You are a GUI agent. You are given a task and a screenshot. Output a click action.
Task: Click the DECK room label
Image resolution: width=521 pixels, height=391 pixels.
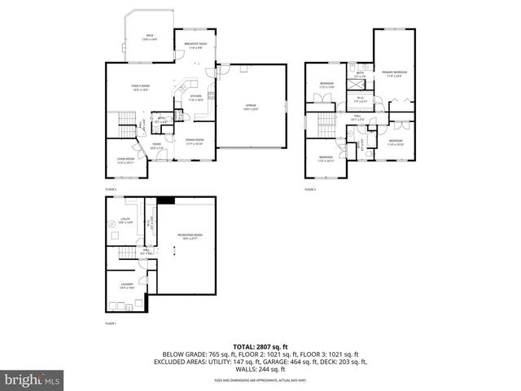[x=150, y=37]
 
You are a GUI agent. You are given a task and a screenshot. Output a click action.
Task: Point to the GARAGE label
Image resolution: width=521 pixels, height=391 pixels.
[x=252, y=107]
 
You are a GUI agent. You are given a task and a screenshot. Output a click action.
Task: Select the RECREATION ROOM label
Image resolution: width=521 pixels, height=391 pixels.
[x=190, y=238]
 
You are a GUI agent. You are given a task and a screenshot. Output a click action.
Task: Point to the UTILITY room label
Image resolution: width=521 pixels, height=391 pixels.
[x=125, y=221]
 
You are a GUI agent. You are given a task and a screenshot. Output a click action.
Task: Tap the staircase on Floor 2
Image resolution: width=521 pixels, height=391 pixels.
[x=125, y=127]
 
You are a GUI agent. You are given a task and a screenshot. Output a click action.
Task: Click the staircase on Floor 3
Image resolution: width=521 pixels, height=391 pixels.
[x=326, y=125]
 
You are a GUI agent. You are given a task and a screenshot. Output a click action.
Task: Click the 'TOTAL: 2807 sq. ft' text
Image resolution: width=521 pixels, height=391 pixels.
[x=260, y=347]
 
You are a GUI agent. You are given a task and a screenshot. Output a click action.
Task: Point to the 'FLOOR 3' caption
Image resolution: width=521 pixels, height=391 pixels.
[x=310, y=189]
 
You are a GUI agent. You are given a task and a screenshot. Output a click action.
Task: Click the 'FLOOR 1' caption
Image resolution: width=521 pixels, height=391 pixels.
[x=111, y=323]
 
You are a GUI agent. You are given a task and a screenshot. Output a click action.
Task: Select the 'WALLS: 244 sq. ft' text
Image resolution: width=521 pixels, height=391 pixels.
[x=260, y=369]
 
